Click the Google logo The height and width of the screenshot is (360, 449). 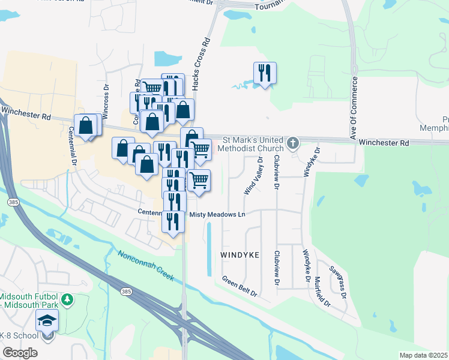coord(20,353)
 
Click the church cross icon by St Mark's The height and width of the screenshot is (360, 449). coord(293,143)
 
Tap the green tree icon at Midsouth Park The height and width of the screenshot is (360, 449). coord(68,299)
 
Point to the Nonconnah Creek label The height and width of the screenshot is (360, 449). coord(145,266)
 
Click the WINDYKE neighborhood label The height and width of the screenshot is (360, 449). coord(240,255)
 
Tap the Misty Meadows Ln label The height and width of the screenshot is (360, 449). coord(218,214)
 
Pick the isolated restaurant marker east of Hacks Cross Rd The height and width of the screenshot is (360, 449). coord(265,73)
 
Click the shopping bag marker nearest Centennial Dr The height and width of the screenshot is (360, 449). coord(86,126)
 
